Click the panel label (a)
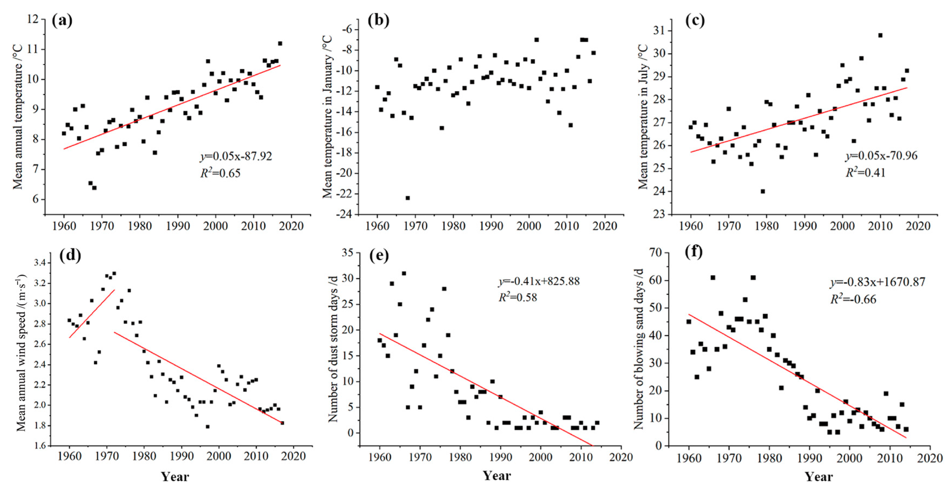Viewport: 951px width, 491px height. [x=62, y=20]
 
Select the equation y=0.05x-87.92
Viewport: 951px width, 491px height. [x=236, y=156]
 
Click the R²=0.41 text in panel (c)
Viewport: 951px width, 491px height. [x=866, y=172]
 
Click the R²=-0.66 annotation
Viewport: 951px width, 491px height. [x=853, y=299]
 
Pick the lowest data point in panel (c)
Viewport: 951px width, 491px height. [x=763, y=191]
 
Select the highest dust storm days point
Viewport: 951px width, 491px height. [x=404, y=273]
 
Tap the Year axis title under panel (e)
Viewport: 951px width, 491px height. [x=497, y=476]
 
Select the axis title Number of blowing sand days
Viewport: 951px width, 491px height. [x=638, y=349]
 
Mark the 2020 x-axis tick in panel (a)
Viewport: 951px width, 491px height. [x=291, y=226]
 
